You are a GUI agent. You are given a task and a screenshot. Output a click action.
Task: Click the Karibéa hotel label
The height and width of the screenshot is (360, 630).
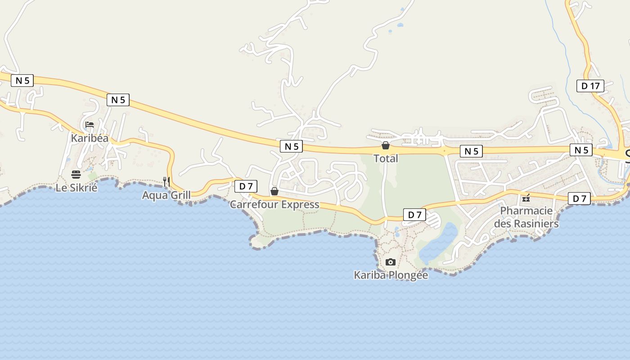(x=90, y=138)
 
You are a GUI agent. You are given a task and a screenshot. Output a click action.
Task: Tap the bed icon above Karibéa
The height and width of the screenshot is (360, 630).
(x=90, y=125)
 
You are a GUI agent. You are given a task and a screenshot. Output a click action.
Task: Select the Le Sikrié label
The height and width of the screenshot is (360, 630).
(x=76, y=188)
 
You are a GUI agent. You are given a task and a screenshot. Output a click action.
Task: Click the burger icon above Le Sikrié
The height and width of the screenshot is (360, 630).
(x=76, y=175)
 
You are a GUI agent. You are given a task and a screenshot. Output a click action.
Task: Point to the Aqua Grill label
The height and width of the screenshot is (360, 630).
(x=166, y=195)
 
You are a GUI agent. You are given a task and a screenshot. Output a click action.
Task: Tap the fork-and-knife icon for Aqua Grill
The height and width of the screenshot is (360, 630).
(x=166, y=182)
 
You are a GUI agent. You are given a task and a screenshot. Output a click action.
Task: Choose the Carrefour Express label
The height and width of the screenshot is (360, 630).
(x=274, y=205)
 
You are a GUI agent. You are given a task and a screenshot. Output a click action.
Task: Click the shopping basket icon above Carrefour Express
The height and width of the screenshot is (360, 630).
(x=274, y=192)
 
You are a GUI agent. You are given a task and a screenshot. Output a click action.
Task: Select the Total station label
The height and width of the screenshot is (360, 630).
(x=386, y=158)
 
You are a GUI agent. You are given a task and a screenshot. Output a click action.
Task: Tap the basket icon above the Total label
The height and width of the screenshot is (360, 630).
(x=386, y=145)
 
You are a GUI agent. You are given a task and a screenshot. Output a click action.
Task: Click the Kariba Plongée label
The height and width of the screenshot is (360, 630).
(x=391, y=275)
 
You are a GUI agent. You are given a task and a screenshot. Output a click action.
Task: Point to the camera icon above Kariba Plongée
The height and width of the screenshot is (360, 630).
(x=391, y=262)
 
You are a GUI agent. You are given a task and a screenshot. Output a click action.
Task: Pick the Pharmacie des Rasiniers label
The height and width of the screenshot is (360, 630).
(x=526, y=217)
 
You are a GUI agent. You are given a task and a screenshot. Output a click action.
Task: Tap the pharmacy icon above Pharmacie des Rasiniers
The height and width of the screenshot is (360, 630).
(x=526, y=198)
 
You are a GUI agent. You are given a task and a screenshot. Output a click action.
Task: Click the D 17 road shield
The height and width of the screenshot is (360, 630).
(x=590, y=86)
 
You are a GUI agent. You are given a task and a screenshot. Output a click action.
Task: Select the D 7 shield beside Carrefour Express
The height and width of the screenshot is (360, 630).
(x=246, y=186)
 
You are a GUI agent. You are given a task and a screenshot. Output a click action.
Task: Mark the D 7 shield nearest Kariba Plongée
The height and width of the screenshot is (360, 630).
(x=414, y=215)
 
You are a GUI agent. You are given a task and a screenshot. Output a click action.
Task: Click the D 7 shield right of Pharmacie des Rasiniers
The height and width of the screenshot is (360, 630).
(x=579, y=198)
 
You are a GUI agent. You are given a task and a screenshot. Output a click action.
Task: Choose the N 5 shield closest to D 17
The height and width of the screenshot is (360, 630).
(x=581, y=150)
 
